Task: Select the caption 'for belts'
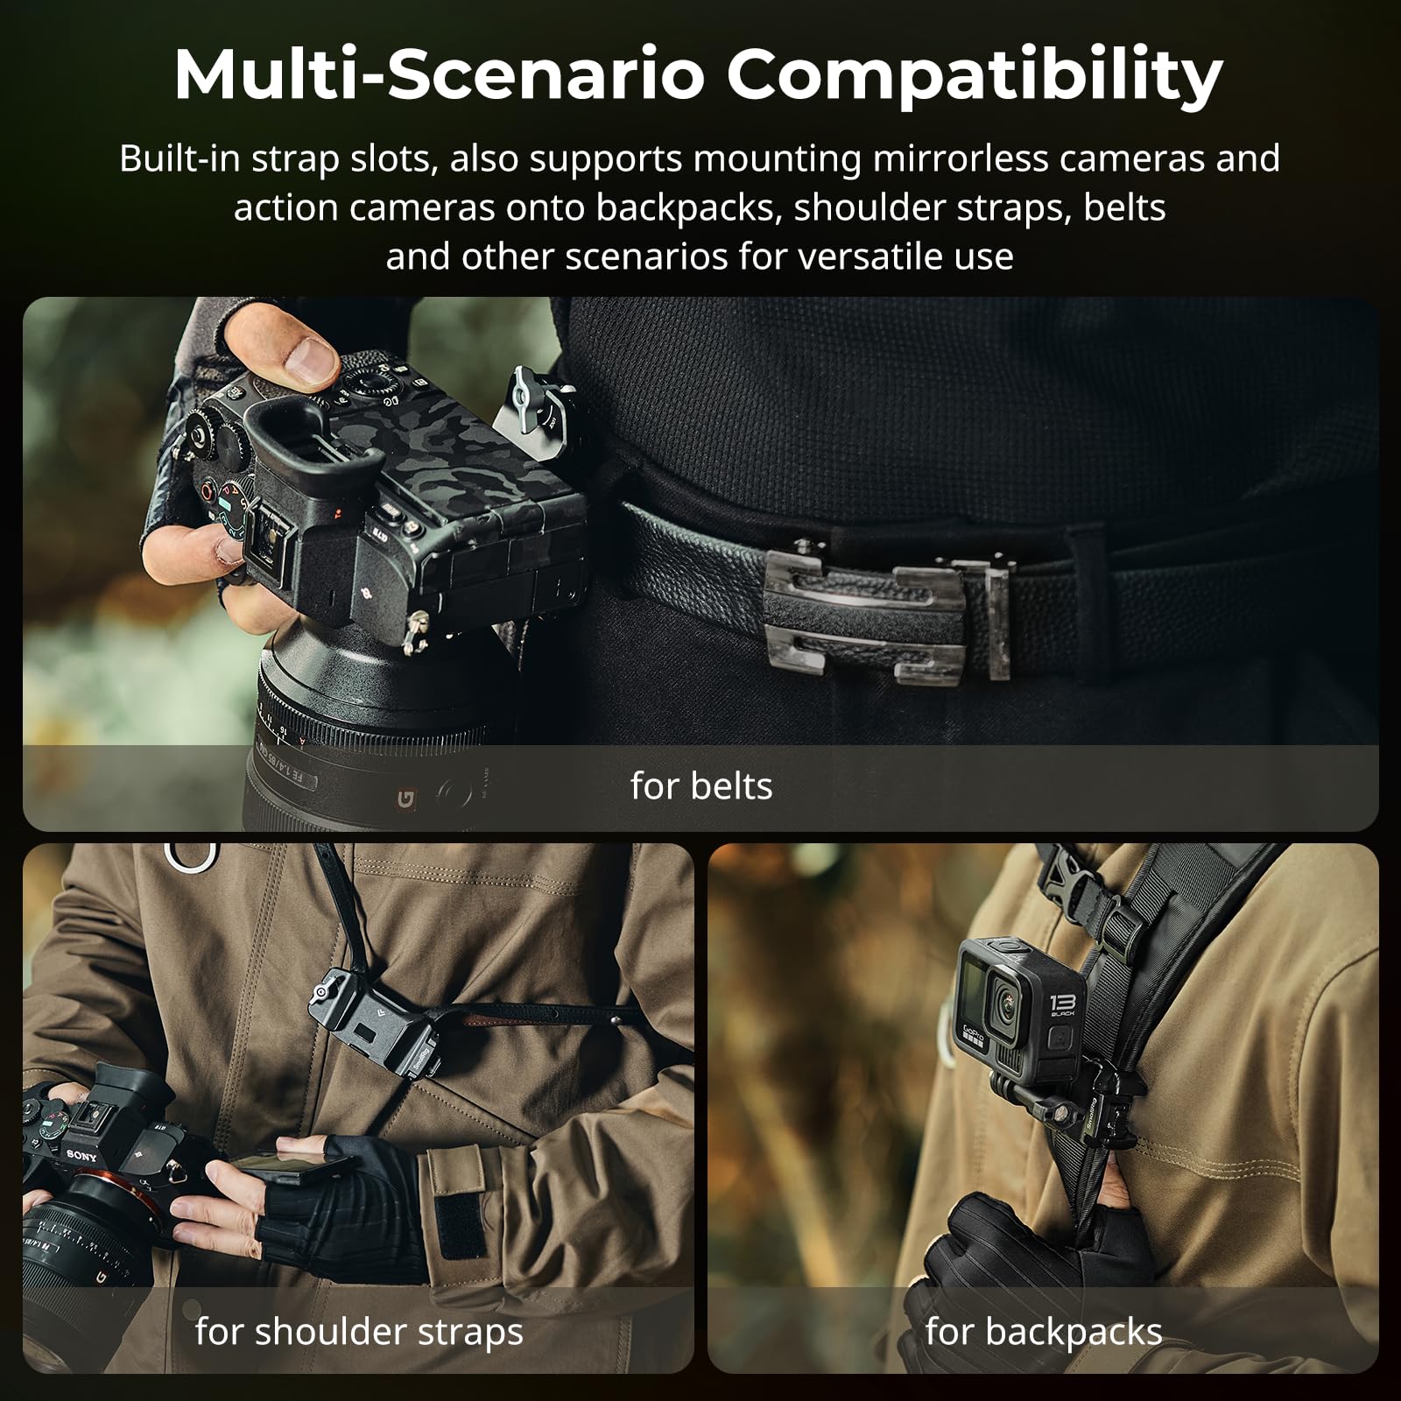[x=701, y=786]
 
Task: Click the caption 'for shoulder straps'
[x=359, y=1332]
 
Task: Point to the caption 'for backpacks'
[x=1044, y=1332]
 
